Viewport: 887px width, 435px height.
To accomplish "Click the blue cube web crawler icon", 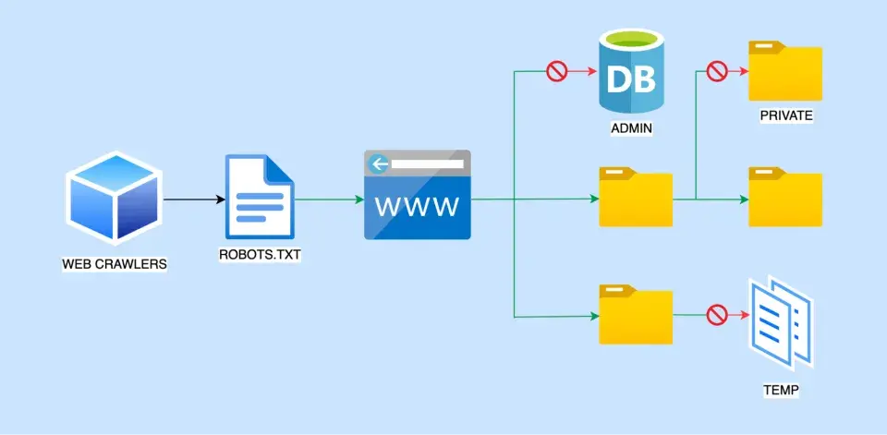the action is coord(114,198).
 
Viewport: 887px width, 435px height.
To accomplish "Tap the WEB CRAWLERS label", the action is coord(115,264).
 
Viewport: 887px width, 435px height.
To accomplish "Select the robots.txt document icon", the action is coord(259,197).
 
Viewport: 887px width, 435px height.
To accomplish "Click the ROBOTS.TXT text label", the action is coord(260,255).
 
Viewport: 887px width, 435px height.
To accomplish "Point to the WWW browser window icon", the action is coord(417,195).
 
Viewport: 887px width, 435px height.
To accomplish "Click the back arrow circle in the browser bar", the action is coord(378,164).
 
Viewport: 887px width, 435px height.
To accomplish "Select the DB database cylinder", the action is coord(631,73).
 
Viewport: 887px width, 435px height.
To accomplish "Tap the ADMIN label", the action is coord(631,128).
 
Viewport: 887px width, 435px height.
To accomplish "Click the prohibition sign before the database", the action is coord(556,72).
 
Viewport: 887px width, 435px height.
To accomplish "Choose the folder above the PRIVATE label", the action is coord(785,71).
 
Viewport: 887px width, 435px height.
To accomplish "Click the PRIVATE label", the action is coord(786,116).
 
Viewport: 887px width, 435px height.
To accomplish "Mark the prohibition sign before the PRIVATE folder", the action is coord(717,72).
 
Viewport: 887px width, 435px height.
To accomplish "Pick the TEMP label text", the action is coord(782,391).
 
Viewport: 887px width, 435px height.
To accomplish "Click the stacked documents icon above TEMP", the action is coord(782,323).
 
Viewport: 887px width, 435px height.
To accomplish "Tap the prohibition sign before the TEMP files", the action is coord(717,315).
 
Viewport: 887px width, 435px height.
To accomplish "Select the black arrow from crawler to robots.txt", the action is coord(195,199).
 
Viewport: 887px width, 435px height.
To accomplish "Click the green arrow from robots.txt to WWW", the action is coord(329,199).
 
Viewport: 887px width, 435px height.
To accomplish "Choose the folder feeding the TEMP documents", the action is coord(636,315).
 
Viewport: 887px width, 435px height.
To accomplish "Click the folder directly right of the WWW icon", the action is coord(636,197).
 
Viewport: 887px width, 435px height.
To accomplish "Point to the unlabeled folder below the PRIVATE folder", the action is coord(785,197).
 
